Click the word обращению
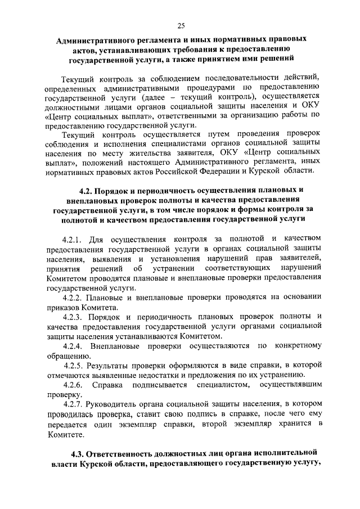point(66,355)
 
